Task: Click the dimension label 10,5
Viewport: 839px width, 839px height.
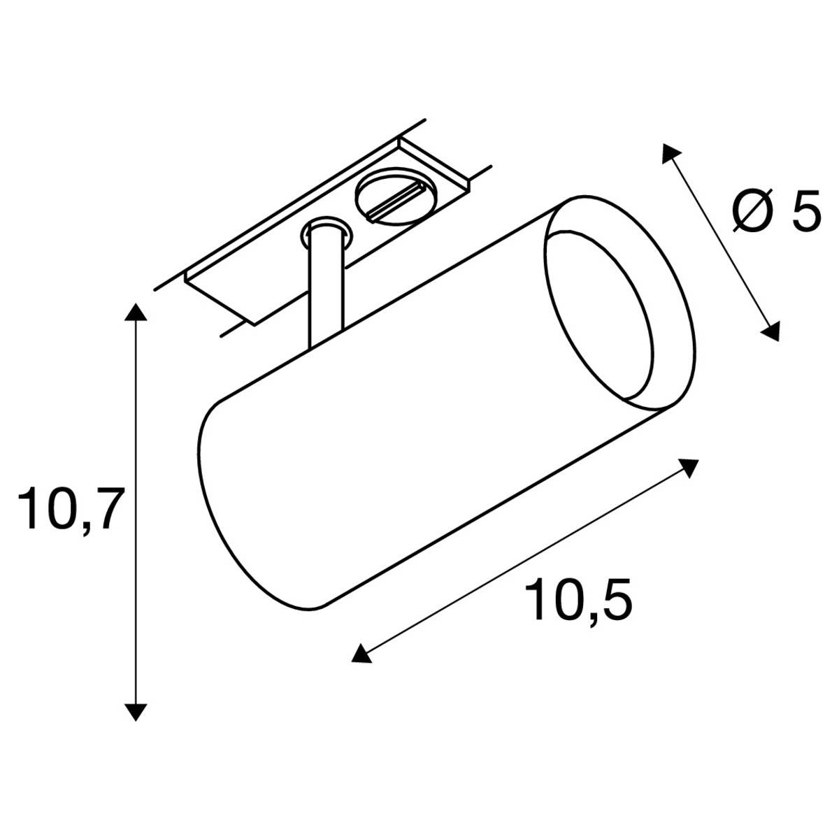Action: [580, 600]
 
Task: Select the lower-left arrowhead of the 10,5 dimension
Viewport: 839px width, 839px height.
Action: [360, 653]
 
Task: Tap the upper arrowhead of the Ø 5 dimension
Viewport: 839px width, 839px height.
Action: [671, 153]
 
